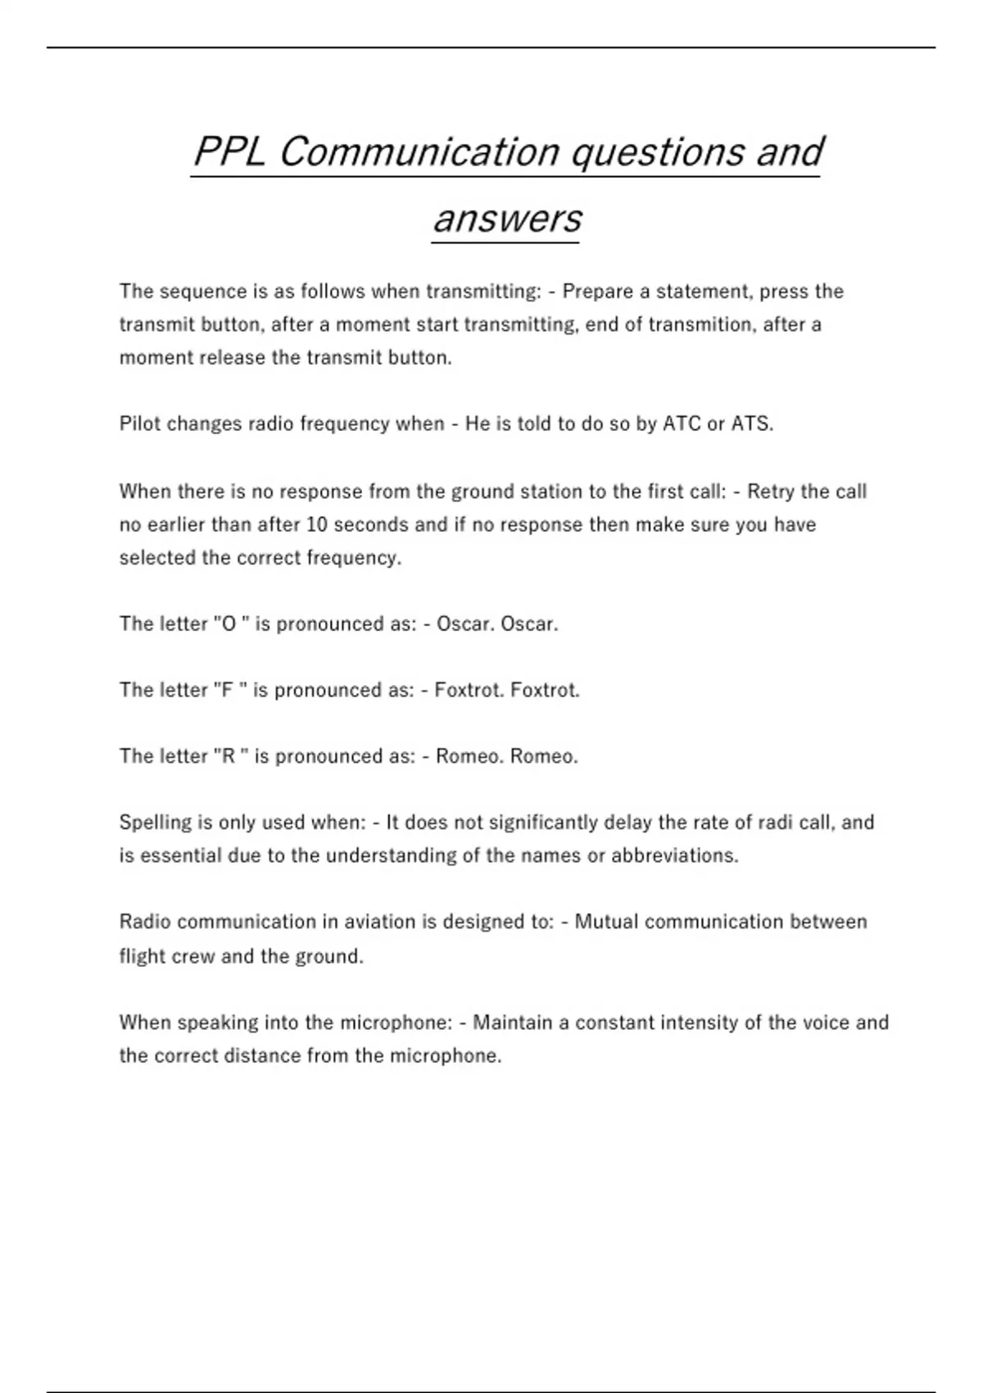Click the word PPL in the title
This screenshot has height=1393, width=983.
pyautogui.click(x=229, y=152)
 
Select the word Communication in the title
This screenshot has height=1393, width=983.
pyautogui.click(x=419, y=152)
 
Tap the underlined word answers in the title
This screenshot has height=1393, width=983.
pyautogui.click(x=506, y=219)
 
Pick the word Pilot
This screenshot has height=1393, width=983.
pyautogui.click(x=140, y=424)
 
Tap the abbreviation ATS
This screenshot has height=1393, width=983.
pyautogui.click(x=751, y=424)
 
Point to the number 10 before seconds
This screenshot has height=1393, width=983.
pyautogui.click(x=317, y=524)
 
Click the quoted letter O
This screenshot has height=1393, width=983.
pyautogui.click(x=229, y=624)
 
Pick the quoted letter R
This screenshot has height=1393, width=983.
pyautogui.click(x=229, y=756)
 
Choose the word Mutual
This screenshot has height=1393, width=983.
pyautogui.click(x=606, y=922)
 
